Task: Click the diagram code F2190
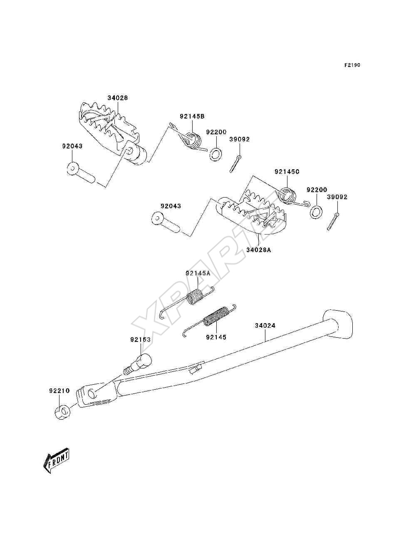point(352,65)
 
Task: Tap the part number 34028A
point(259,250)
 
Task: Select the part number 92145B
point(192,116)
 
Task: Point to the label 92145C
point(287,172)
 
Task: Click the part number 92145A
point(198,273)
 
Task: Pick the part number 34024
point(265,325)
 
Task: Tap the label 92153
point(141,339)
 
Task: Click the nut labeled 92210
point(62,413)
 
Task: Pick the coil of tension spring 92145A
point(195,297)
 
